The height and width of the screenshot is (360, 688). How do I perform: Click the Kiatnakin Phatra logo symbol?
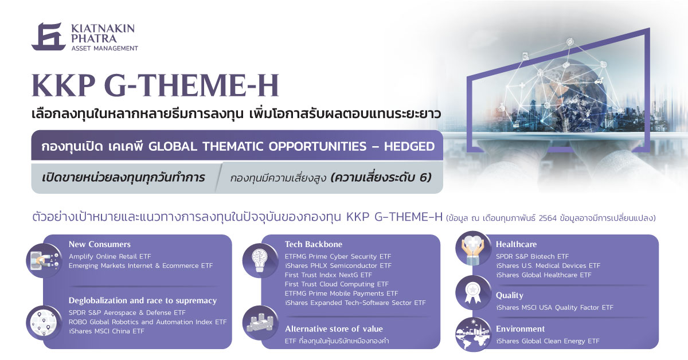coord(49,37)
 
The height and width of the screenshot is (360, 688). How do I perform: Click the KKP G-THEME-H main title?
coord(155,85)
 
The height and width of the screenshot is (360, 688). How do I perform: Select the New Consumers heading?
coord(100,244)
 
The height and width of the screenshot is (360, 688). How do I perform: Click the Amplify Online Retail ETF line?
coord(110,256)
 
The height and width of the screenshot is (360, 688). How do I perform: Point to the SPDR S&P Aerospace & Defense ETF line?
coord(127,312)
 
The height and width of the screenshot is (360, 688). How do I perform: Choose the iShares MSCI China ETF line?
coord(106,331)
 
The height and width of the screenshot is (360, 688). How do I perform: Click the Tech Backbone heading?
coord(313,244)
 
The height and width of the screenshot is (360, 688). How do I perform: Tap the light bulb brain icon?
coord(260,260)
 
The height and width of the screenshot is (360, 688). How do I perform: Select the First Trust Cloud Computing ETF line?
coord(337,284)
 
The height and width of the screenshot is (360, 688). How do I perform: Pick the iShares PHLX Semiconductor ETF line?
coord(338,265)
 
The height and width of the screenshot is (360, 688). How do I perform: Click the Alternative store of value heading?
coord(334,329)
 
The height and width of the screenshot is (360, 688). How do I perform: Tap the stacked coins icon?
coord(260,323)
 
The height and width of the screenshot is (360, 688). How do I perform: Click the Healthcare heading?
coord(517,244)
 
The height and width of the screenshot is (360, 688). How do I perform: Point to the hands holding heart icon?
coord(473,248)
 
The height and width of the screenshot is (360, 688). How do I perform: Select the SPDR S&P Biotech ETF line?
coord(532,256)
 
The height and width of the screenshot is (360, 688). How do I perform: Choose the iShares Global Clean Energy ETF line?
coord(548,341)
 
